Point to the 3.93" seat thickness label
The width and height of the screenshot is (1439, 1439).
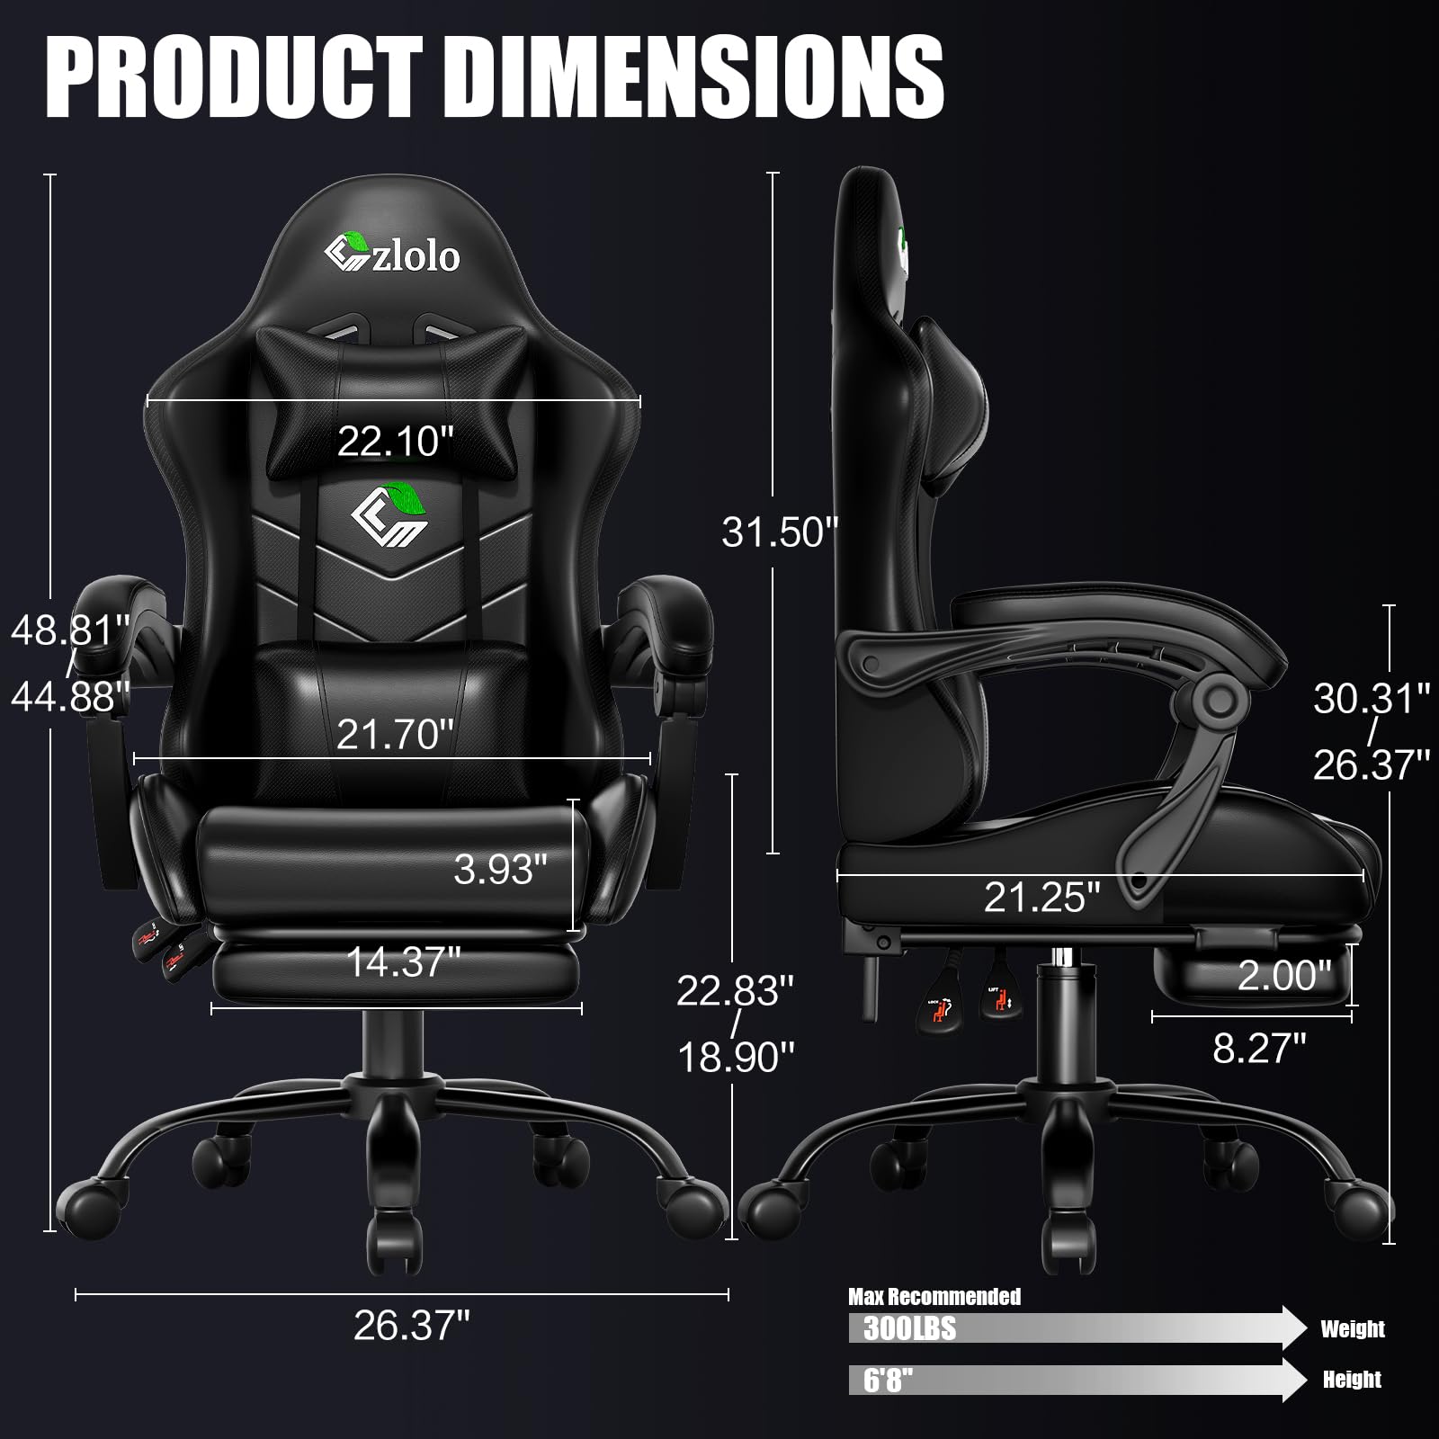click(500, 869)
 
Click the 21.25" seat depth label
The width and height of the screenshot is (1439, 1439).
click(1041, 897)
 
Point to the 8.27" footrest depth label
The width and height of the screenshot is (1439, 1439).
click(1259, 1048)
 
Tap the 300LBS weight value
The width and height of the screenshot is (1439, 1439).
click(909, 1328)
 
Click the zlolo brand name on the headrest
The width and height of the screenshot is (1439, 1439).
click(416, 257)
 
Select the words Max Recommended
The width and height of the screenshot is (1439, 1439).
click(934, 1296)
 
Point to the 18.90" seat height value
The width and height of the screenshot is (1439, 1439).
click(736, 1057)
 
